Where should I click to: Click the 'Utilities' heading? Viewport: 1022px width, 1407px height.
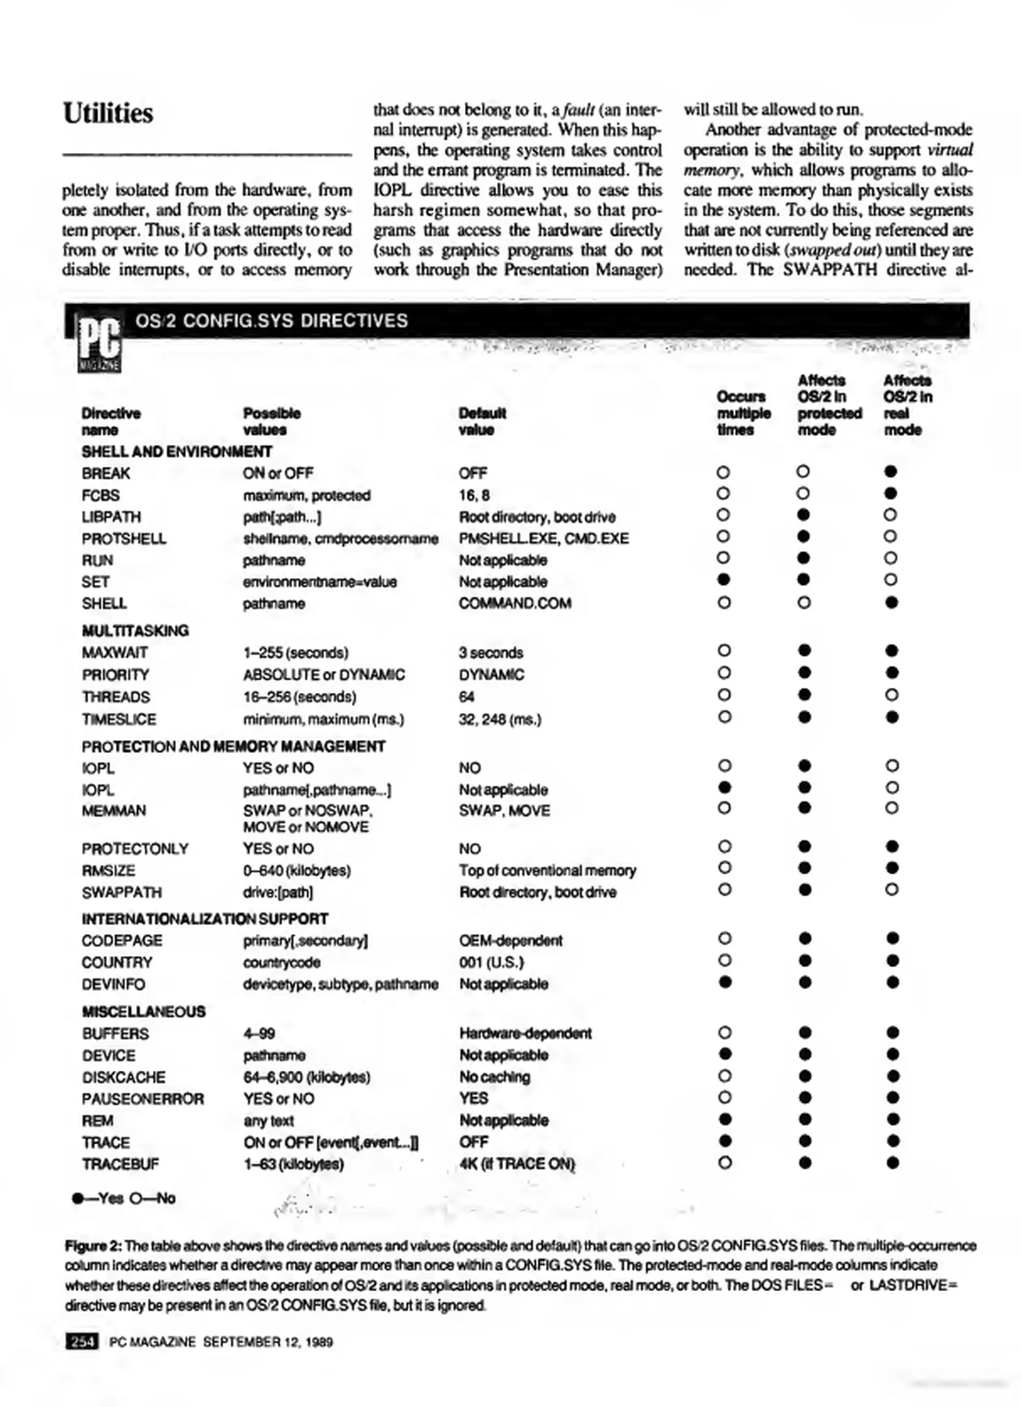click(108, 113)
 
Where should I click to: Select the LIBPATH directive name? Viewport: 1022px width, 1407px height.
click(111, 517)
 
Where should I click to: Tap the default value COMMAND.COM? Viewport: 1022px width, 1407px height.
click(515, 603)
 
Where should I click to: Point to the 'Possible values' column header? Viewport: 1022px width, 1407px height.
click(272, 421)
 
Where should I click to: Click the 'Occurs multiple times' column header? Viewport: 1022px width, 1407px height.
click(743, 413)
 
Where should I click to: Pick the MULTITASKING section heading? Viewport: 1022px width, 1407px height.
click(135, 631)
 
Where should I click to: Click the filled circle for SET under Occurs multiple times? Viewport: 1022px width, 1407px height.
click(723, 580)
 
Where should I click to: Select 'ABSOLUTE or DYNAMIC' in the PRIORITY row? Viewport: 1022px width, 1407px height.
click(324, 674)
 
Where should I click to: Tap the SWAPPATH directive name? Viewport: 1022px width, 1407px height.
click(122, 892)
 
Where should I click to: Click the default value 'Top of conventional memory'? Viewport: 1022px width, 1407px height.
click(547, 870)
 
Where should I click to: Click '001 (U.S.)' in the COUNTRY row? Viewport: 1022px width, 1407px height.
click(491, 962)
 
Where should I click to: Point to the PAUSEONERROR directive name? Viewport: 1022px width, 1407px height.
click(143, 1099)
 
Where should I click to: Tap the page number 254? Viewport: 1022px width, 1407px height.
click(82, 1341)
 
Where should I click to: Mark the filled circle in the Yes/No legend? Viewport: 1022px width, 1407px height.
click(79, 1198)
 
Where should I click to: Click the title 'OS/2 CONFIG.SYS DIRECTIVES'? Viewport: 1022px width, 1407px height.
click(271, 320)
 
